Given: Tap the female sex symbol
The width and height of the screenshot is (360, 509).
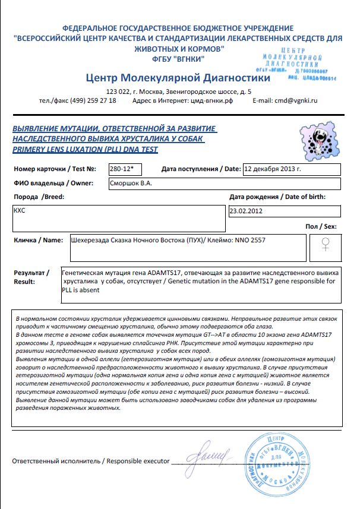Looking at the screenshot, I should click(326, 245).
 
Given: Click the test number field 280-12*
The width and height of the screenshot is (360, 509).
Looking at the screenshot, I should click(125, 169).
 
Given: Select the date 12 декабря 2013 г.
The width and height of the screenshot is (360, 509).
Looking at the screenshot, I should click(274, 169).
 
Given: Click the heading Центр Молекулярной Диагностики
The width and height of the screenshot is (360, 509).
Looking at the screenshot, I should click(178, 78).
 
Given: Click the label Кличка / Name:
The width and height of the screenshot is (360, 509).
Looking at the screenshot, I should click(37, 241).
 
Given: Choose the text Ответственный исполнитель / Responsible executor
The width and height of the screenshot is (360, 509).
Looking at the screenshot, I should click(91, 461).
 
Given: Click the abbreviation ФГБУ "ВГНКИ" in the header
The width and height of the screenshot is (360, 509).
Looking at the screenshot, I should click(178, 59).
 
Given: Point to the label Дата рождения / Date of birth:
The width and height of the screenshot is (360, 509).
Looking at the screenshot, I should click(277, 197).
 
